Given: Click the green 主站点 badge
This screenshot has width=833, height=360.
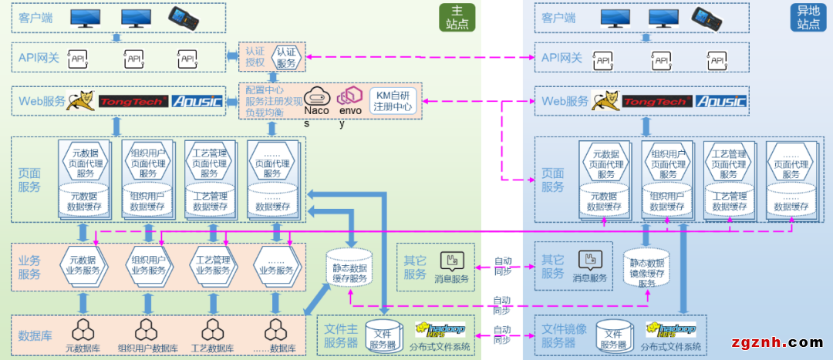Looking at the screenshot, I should (x=457, y=18).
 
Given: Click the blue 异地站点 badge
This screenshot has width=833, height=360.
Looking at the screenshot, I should (x=808, y=18).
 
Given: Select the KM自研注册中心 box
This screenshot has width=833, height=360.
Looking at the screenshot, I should (x=394, y=100).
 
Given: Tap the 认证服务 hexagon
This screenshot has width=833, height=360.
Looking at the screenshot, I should (x=285, y=57).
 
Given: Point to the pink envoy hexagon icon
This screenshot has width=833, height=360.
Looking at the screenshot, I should (x=350, y=95).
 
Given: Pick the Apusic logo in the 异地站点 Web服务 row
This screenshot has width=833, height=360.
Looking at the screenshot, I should (x=720, y=101).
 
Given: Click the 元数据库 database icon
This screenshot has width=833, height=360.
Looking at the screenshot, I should (x=83, y=330).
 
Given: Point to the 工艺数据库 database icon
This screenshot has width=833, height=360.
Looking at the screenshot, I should (x=212, y=330).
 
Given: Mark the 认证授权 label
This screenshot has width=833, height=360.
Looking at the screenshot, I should (x=255, y=57).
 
